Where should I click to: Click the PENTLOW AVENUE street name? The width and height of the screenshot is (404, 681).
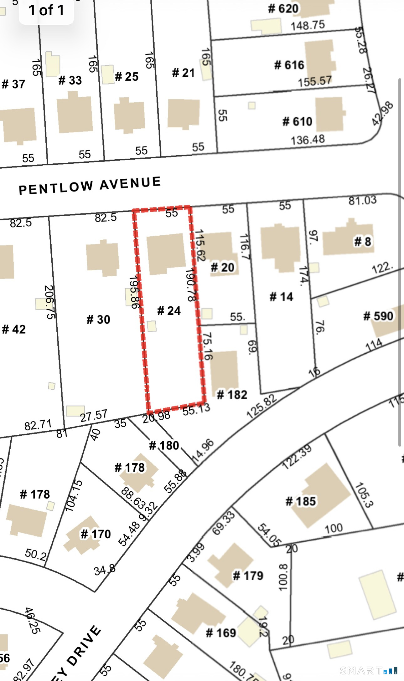click(x=90, y=186)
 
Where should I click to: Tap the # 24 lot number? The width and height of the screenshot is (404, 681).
click(x=169, y=311)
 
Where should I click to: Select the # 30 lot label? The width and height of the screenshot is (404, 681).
click(x=98, y=320)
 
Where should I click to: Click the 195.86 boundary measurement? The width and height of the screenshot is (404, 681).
click(x=134, y=292)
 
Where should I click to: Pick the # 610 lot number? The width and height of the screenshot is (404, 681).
click(x=297, y=121)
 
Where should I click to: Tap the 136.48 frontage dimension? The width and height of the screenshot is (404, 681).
click(x=308, y=140)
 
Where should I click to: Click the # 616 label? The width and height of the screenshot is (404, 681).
click(x=289, y=65)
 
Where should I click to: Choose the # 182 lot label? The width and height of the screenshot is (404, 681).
click(x=232, y=395)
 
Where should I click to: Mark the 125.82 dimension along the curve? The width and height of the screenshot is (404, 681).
click(x=262, y=407)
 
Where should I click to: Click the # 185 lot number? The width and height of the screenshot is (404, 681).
click(x=300, y=501)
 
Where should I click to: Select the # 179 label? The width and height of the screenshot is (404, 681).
click(x=248, y=576)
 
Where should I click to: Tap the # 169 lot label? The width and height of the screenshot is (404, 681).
click(x=221, y=633)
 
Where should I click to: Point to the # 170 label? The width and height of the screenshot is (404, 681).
click(x=96, y=534)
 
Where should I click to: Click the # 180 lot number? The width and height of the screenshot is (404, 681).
click(x=164, y=445)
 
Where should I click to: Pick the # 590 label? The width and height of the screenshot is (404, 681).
click(x=378, y=316)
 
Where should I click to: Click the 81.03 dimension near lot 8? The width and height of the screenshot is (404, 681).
click(x=362, y=201)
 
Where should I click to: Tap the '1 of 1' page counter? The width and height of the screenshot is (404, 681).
click(x=46, y=10)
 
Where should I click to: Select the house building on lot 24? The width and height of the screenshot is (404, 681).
click(x=166, y=253)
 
